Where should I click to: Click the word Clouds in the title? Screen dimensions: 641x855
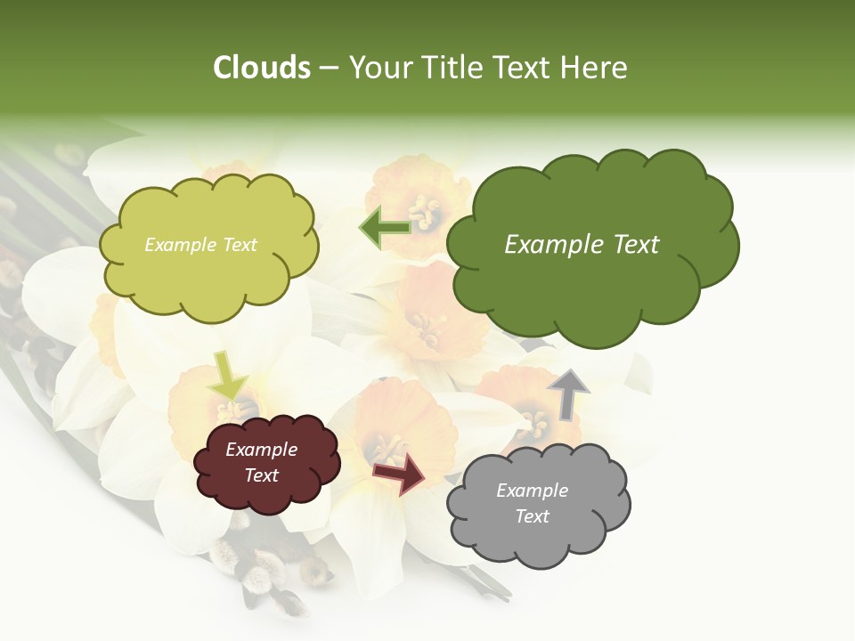262,68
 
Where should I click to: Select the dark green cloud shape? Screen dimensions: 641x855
592,285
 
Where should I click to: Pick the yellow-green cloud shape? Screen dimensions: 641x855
209,280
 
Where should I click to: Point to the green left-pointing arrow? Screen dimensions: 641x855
385,228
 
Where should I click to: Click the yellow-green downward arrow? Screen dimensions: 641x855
228,374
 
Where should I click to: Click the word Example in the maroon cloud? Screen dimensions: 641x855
261,450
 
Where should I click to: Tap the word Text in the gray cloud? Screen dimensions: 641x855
532,516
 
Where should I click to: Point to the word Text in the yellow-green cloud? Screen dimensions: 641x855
238,245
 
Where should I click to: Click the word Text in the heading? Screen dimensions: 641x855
525,68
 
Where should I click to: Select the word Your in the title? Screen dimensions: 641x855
379,68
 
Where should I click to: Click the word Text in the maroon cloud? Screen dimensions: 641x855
261,475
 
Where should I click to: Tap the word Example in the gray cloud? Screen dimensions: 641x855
532,491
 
